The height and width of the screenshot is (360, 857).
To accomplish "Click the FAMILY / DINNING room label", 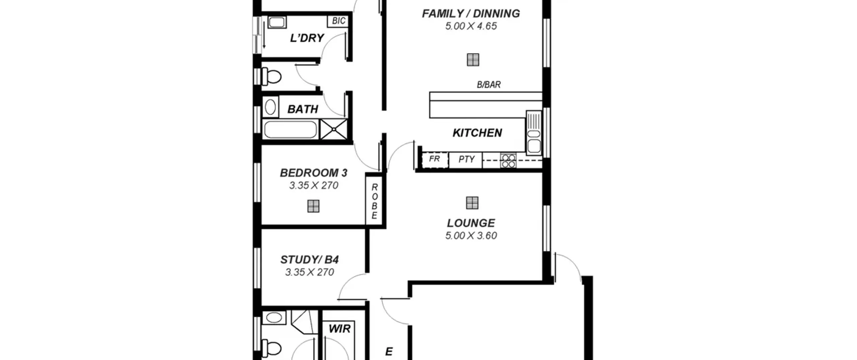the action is coord(471,14).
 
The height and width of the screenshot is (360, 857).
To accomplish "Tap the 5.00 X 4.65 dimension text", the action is coord(471,26).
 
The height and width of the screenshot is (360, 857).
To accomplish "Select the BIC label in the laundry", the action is coord(338,21).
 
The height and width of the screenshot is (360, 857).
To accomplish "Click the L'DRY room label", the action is coord(307,38).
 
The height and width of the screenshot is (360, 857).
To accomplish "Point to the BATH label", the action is coord(303,109).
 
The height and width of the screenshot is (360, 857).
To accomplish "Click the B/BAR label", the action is coord(489,85).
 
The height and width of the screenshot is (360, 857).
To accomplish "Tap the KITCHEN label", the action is coord(477,133).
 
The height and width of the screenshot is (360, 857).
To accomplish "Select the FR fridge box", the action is coord(435,160).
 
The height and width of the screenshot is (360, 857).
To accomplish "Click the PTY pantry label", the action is coord(466,159).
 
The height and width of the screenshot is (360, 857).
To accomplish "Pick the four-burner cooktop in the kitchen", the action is coord(508,161).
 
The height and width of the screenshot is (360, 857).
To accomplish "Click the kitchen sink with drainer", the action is coord(534,133).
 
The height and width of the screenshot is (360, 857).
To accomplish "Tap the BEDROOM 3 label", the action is coord(314,173).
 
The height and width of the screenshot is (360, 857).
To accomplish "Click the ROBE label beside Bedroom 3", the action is coord(374,201).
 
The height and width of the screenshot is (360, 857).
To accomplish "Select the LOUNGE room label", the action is coord(471,223).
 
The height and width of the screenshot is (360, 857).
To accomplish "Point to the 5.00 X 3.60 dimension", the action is coord(471,236).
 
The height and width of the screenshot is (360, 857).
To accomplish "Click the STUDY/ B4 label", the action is coord(309,260).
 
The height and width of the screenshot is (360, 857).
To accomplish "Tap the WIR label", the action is coord(339,329).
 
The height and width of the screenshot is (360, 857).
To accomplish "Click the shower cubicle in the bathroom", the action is coord(334,129).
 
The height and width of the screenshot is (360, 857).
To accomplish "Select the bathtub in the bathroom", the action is coord(291,130).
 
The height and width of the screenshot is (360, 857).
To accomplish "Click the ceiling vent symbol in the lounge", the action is coord(472,203).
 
